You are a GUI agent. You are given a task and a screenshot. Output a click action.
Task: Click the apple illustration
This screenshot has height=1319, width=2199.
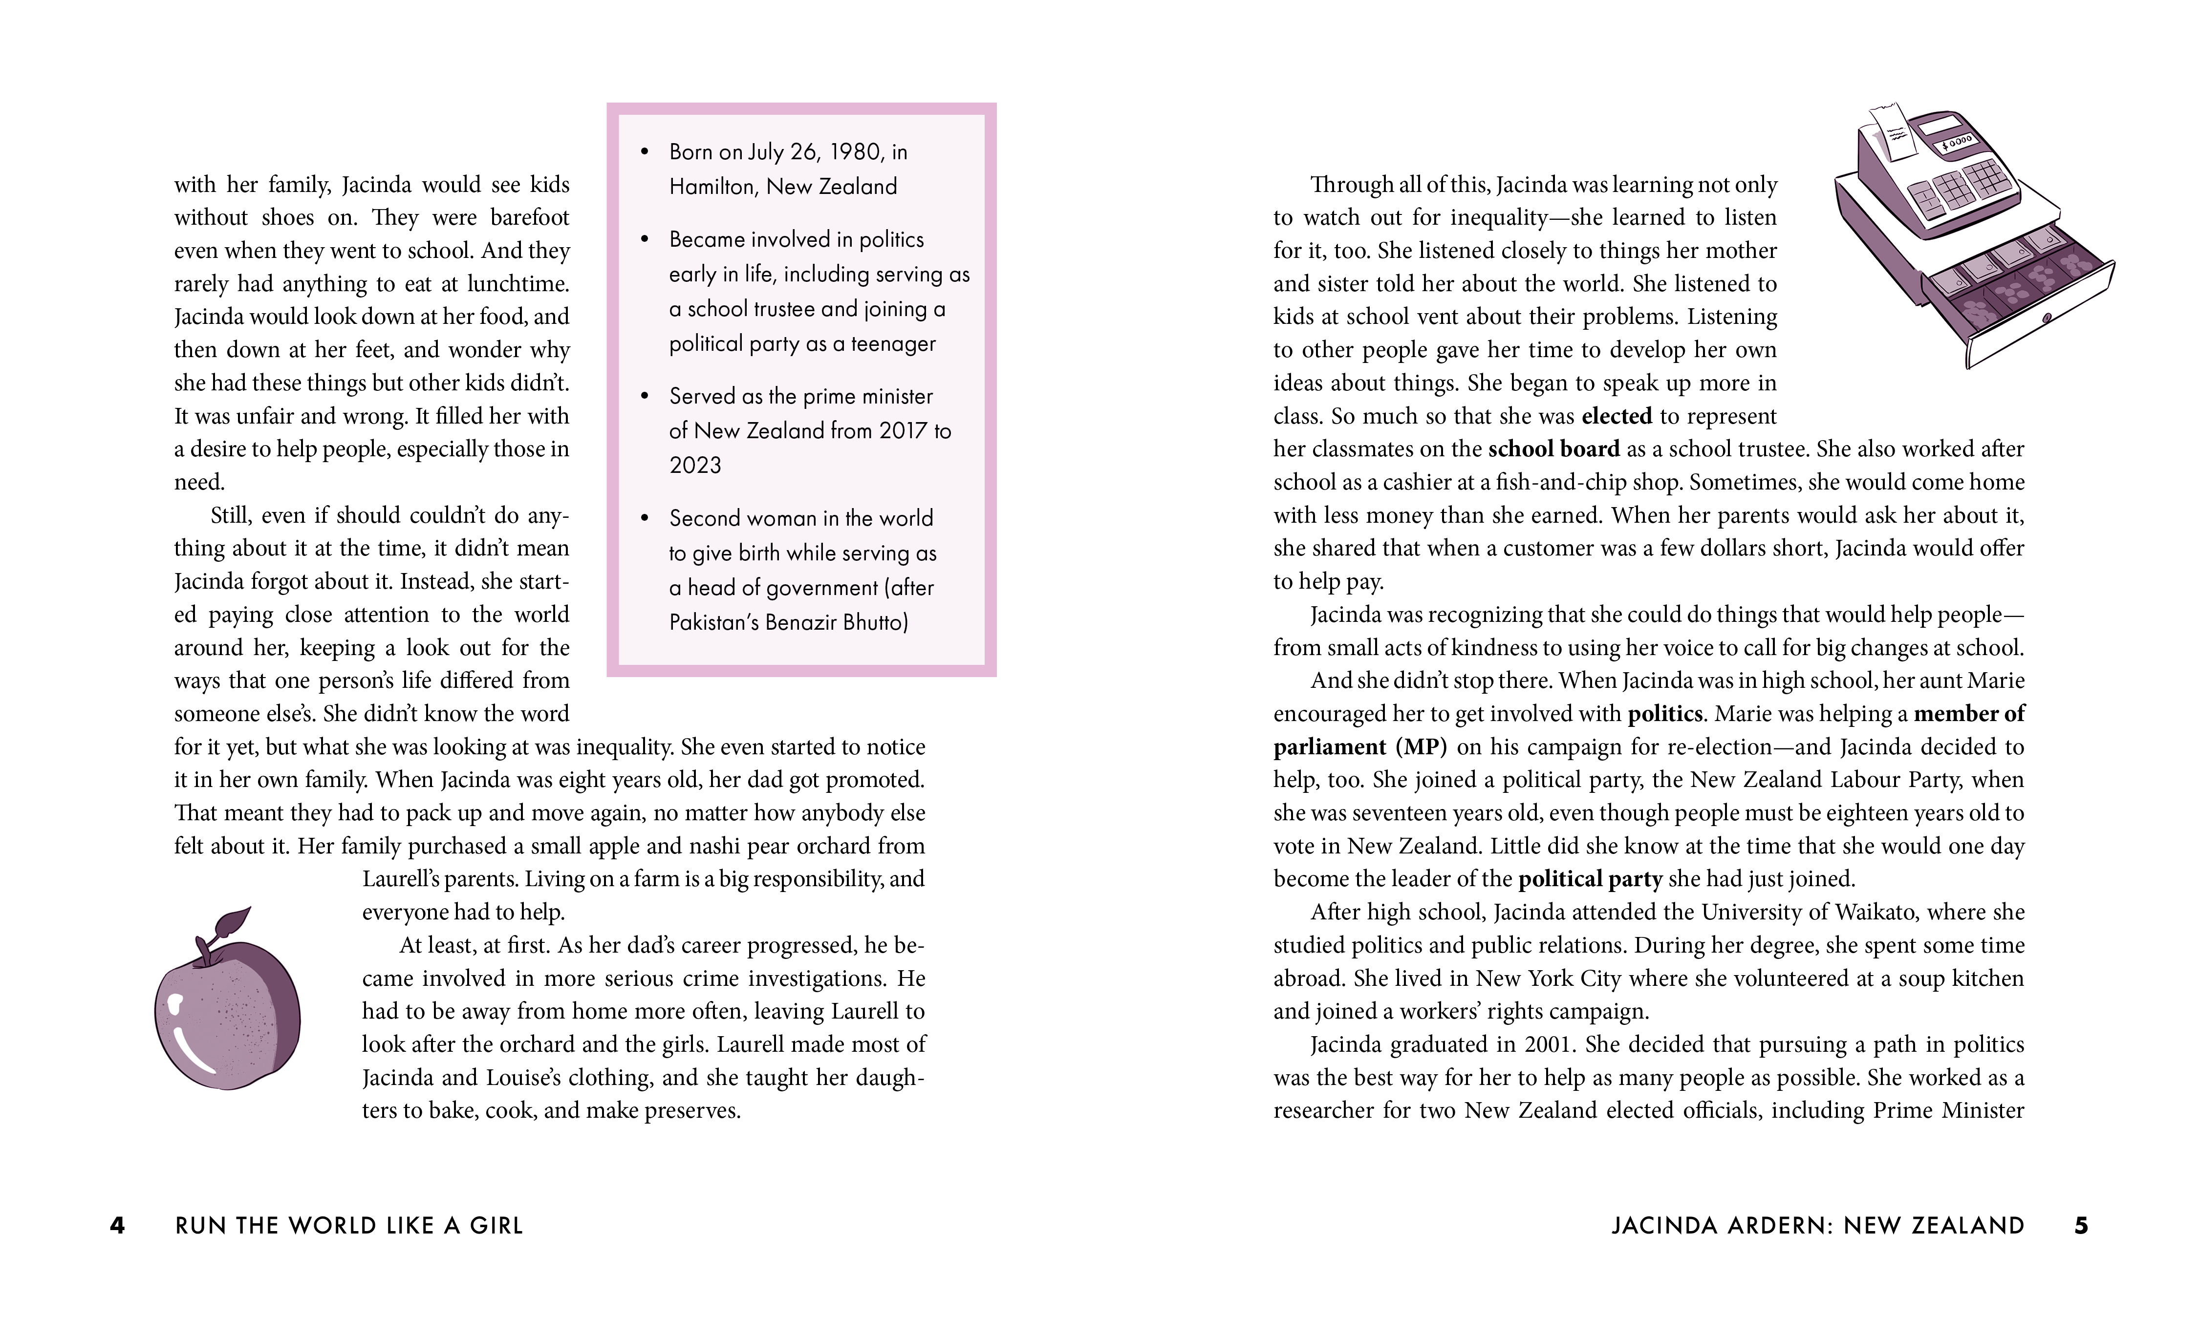coord(228,1013)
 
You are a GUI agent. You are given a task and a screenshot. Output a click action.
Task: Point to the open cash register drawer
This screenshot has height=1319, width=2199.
coord(2018,302)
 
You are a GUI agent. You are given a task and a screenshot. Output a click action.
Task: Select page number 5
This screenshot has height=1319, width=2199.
coord(2081,1226)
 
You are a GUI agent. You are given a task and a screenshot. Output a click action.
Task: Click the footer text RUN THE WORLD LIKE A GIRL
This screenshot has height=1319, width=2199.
coord(349,1226)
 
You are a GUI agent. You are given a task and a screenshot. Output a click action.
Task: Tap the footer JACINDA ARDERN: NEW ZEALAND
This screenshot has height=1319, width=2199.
coord(1818,1226)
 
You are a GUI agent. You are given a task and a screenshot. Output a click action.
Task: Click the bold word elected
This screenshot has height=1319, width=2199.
coord(1616,416)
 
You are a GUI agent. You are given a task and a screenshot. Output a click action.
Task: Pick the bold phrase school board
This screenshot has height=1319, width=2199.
coord(1553,449)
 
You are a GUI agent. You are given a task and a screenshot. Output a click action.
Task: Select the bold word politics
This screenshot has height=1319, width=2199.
coord(1665,714)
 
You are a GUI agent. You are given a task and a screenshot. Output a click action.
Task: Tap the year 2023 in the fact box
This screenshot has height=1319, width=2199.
coord(695,466)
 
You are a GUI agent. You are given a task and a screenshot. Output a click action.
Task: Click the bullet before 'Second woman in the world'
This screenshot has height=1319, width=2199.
coord(646,518)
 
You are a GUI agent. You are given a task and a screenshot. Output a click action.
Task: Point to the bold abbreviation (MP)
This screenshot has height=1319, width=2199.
coord(1421,746)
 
